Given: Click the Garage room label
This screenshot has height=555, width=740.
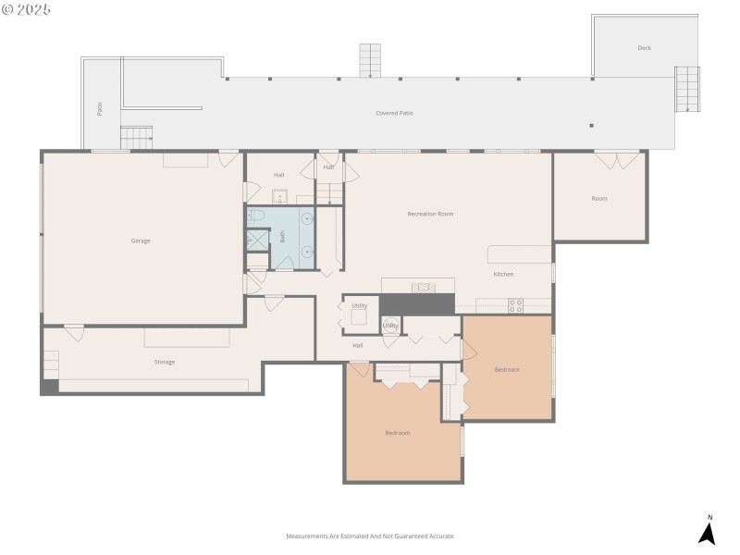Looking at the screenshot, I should tap(141, 240).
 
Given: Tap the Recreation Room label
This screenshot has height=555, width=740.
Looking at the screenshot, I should tap(430, 214).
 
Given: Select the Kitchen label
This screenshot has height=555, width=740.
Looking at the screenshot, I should tap(503, 274).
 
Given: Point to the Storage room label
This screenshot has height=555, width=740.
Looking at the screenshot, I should tap(165, 362).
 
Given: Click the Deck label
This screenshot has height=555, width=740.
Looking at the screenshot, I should tap(644, 48).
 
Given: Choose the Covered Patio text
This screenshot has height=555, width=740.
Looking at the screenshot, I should tap(394, 113).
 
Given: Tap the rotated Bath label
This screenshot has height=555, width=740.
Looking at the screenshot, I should tap(283, 237).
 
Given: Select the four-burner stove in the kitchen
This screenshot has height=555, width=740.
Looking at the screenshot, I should tap(515, 305).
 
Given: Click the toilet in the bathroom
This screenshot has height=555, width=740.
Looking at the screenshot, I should tap(257, 216).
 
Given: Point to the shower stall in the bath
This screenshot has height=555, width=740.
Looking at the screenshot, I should tap(256, 240).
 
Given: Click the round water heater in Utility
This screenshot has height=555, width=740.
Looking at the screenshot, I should tap(391, 325).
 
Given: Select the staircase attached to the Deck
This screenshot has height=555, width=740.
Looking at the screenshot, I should tap(687, 90).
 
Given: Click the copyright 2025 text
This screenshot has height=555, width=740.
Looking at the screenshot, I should tap(27, 9).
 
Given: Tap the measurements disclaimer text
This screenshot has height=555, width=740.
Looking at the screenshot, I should tap(370, 536).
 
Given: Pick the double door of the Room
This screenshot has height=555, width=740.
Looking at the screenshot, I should tap(616, 160).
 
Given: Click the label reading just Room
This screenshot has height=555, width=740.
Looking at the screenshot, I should tap(599, 198).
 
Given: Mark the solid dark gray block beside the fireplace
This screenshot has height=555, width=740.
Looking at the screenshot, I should tap(416, 304).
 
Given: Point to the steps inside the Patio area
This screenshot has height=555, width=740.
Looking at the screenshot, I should tap(136, 138).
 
